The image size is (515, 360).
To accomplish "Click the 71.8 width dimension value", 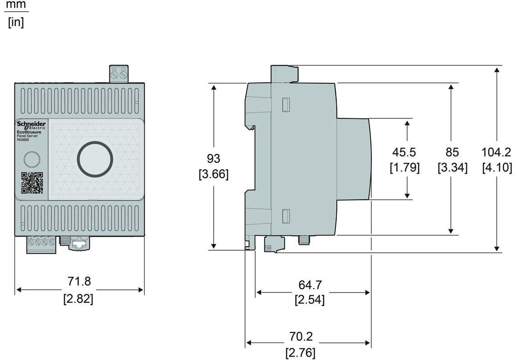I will click(79, 282).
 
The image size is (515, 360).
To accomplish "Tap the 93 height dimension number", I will click(213, 158).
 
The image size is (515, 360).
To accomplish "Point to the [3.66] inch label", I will click(213, 174).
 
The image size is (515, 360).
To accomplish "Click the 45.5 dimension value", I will click(404, 152).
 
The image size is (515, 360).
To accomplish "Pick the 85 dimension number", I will click(452, 152).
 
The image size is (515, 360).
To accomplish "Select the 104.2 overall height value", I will click(497, 152).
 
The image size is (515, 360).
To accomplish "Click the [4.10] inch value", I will click(497, 167).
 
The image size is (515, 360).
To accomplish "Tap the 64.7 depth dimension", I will click(310, 285).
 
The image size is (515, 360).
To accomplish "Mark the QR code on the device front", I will click(32, 183).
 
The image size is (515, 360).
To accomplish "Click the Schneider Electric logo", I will click(31, 125).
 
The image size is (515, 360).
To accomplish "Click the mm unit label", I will click(16, 5).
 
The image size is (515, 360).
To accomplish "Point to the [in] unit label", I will click(16, 22).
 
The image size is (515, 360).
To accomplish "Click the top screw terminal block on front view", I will click(119, 73).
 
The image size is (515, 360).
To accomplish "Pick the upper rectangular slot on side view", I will click(285, 104).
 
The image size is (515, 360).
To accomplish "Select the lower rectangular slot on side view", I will click(285, 216).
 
